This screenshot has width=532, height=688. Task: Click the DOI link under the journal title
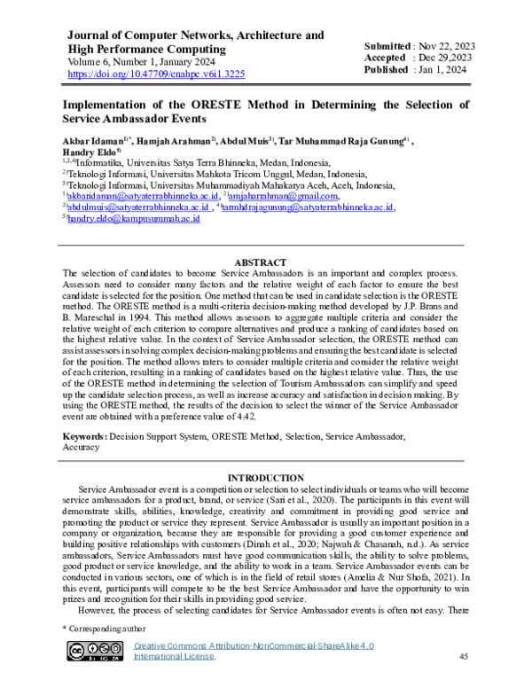click(x=156, y=75)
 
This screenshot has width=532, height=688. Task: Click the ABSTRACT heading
click(x=265, y=263)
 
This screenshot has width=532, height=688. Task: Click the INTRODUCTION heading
click(x=265, y=478)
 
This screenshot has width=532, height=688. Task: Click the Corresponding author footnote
click(x=101, y=628)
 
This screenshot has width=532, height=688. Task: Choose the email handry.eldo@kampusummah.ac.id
click(x=132, y=217)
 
